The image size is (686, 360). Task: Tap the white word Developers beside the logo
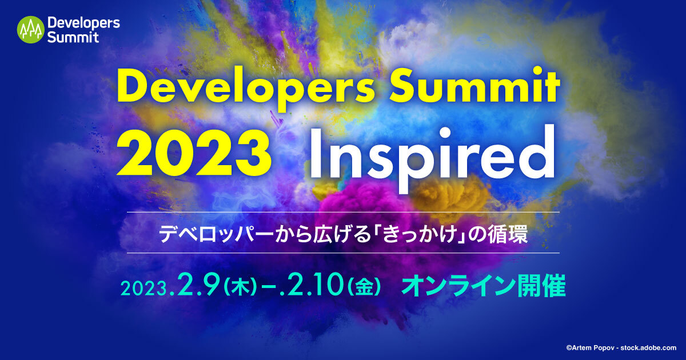[x=83, y=23]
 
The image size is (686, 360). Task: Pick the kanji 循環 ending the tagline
[x=509, y=235]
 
